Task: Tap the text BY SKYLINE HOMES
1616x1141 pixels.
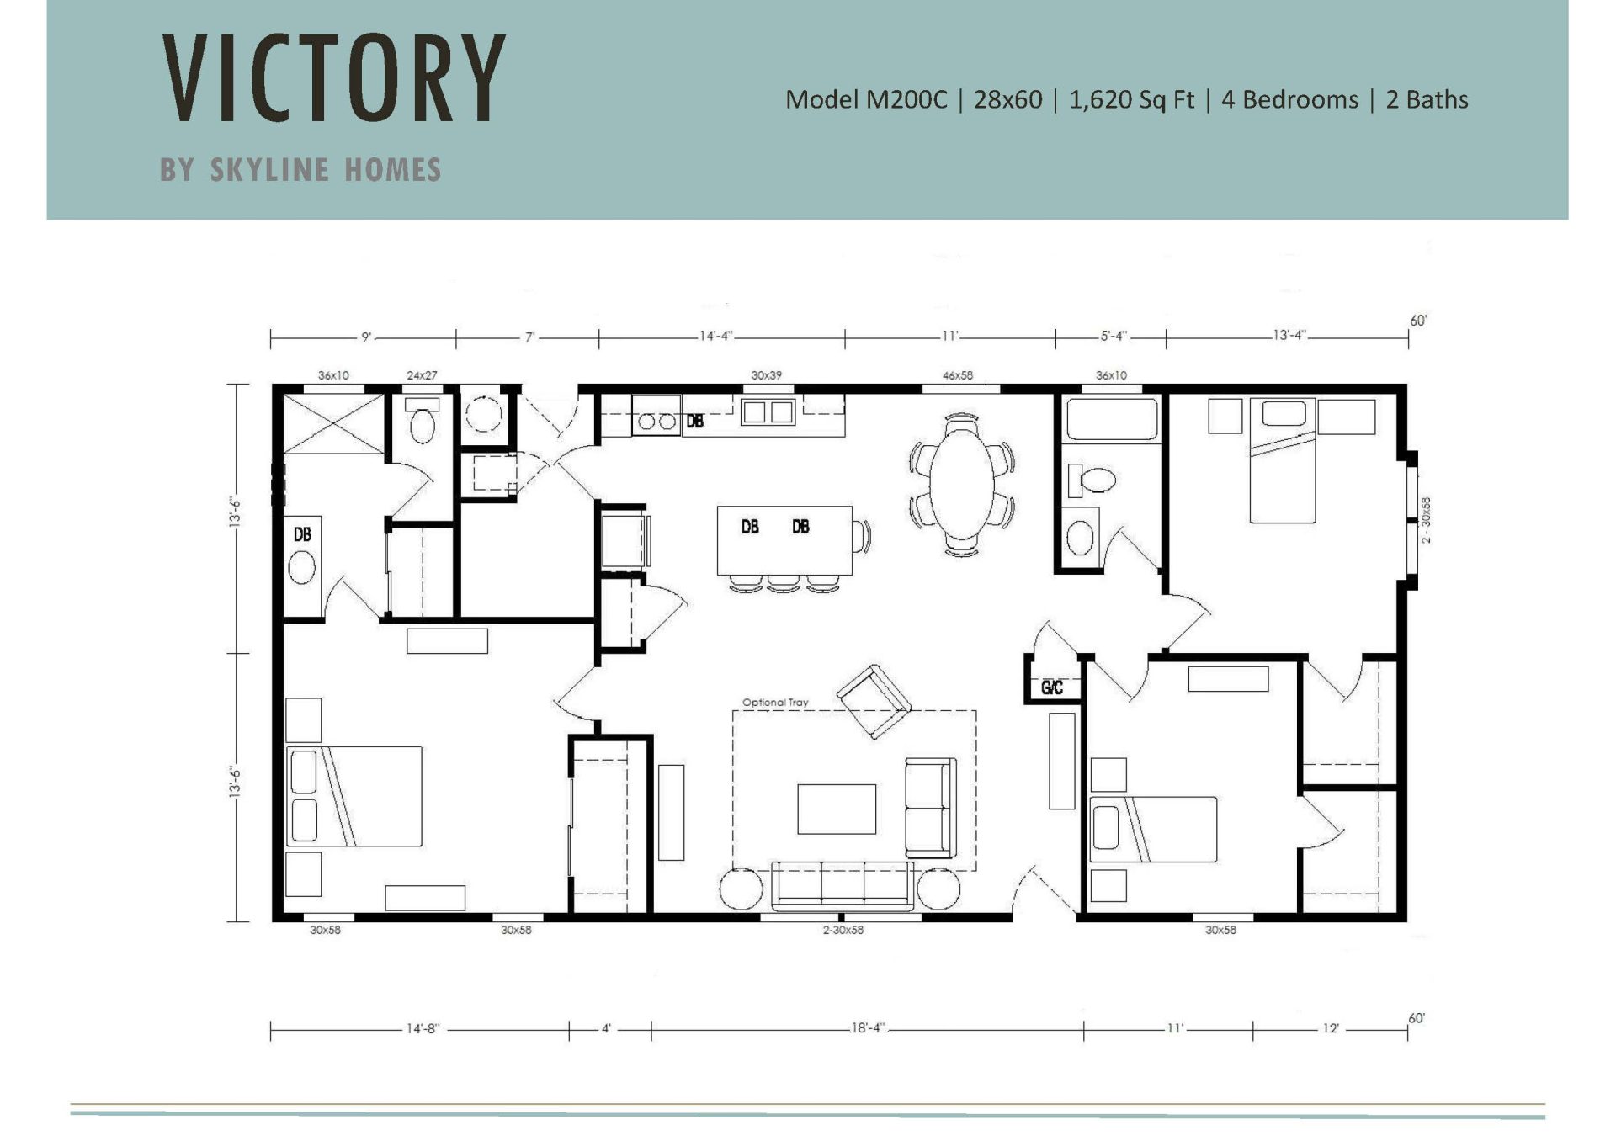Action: point(300,170)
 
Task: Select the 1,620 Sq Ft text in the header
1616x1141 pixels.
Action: point(1131,100)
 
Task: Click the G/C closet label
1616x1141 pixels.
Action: point(1052,688)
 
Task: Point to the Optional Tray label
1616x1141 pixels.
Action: point(774,703)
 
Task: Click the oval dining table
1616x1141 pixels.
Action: point(961,486)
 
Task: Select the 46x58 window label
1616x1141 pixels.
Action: point(957,376)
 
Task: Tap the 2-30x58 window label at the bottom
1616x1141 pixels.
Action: point(843,930)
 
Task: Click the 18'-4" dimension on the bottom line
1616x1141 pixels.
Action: point(867,1028)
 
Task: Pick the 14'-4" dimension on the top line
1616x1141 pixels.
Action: point(715,336)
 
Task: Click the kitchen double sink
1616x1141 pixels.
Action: point(767,412)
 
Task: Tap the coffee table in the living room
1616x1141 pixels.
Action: point(837,809)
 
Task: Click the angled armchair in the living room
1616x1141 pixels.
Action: point(873,701)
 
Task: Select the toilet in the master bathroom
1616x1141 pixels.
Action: point(422,423)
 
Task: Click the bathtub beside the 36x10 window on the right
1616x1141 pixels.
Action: point(1112,418)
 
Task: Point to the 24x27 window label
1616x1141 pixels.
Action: point(422,376)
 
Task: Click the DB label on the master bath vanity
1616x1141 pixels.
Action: point(302,534)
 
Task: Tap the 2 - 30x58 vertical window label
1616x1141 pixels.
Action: point(1426,520)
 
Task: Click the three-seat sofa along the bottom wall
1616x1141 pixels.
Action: point(842,884)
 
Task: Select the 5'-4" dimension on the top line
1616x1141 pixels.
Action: point(1113,336)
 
